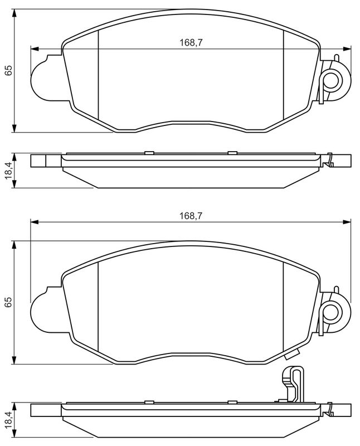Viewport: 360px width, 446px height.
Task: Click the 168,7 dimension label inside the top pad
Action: pyautogui.click(x=191, y=43)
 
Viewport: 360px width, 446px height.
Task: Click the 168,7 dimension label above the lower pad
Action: pyautogui.click(x=191, y=216)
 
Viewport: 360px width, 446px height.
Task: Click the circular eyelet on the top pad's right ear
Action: pyautogui.click(x=331, y=80)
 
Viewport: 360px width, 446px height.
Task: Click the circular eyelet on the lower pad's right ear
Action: pyautogui.click(x=331, y=312)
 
